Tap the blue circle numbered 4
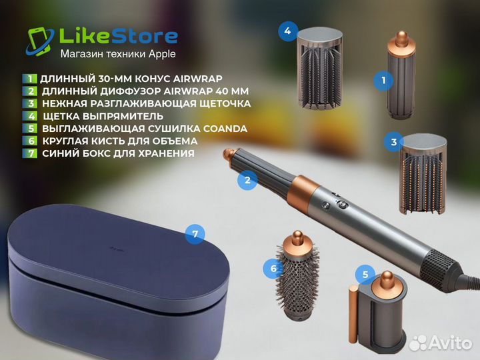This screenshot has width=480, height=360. click(x=287, y=31)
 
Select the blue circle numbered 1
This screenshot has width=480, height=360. click(x=383, y=81)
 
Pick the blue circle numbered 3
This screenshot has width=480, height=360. click(x=394, y=141)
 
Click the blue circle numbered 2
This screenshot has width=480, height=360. click(x=247, y=179)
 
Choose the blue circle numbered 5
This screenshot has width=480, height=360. click(x=364, y=273)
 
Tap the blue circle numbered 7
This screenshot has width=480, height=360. click(x=194, y=234)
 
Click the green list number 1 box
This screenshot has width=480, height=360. click(x=30, y=79)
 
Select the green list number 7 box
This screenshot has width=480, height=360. click(x=30, y=153)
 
